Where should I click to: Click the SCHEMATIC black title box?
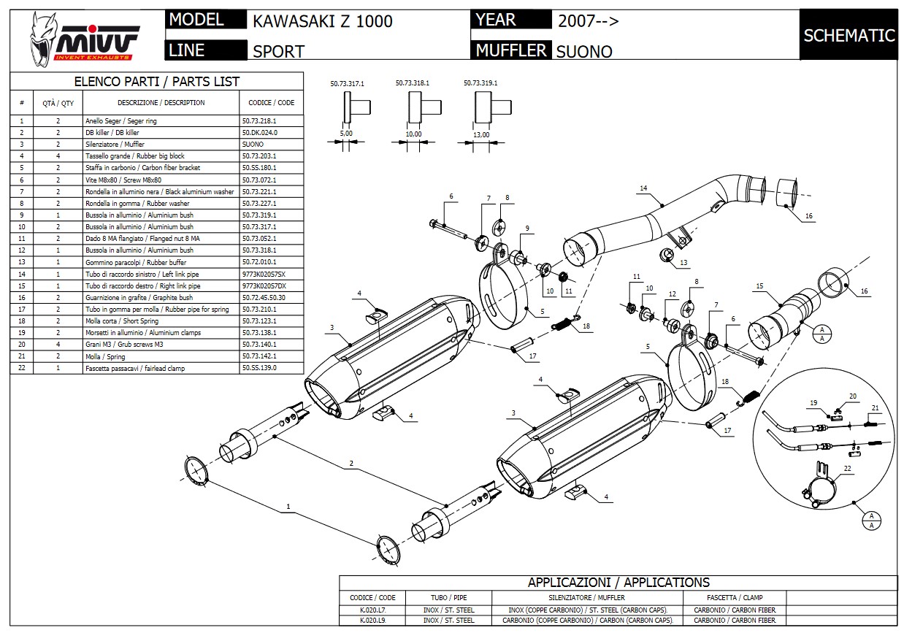pos(849,35)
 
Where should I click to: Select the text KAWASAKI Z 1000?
pos(322,21)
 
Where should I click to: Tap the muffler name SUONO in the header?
pos(584,51)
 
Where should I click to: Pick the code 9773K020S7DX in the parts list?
pos(264,286)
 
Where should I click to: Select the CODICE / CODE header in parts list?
pos(271,103)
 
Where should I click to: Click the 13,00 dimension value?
pos(481,134)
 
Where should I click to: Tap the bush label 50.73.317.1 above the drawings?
pos(347,84)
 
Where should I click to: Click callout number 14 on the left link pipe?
pos(643,189)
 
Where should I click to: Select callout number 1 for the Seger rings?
pos(288,506)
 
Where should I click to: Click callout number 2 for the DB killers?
pos(351,464)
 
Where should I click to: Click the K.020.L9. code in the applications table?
pos(372,621)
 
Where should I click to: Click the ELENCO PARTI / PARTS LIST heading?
pos(157,82)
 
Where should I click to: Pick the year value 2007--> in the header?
pos(588,20)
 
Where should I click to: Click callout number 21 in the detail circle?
pos(875,407)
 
